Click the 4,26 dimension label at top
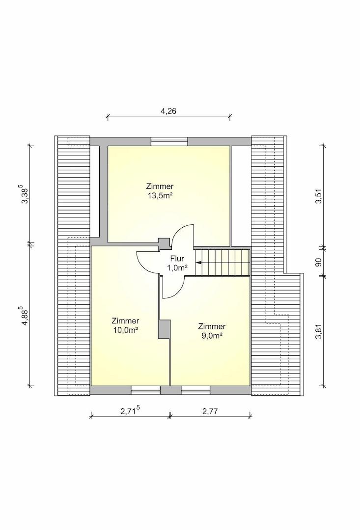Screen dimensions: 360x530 pyautogui.click(x=168, y=110)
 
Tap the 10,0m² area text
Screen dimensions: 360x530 pyautogui.click(x=125, y=330)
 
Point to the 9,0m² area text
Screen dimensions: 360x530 pyautogui.click(x=212, y=335)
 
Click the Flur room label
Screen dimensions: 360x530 pyautogui.click(x=177, y=259)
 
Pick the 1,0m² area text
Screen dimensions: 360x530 pyautogui.click(x=177, y=268)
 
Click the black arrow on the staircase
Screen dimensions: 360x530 pyautogui.click(x=198, y=262)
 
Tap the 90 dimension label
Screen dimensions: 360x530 pyautogui.click(x=318, y=262)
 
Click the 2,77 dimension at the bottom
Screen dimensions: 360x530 pyautogui.click(x=210, y=411)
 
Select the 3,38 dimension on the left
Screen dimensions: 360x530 pyautogui.click(x=26, y=194)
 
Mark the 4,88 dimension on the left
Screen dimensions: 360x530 pyautogui.click(x=26, y=316)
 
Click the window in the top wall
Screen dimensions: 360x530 pyautogui.click(x=169, y=141)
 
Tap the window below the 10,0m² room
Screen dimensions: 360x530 pyautogui.click(x=145, y=391)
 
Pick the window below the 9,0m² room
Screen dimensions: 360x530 pyautogui.click(x=195, y=391)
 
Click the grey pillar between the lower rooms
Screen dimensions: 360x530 pyautogui.click(x=164, y=329)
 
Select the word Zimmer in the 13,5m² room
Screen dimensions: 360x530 pyautogui.click(x=160, y=186)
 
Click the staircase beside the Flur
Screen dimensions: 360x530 pyautogui.click(x=222, y=263)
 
